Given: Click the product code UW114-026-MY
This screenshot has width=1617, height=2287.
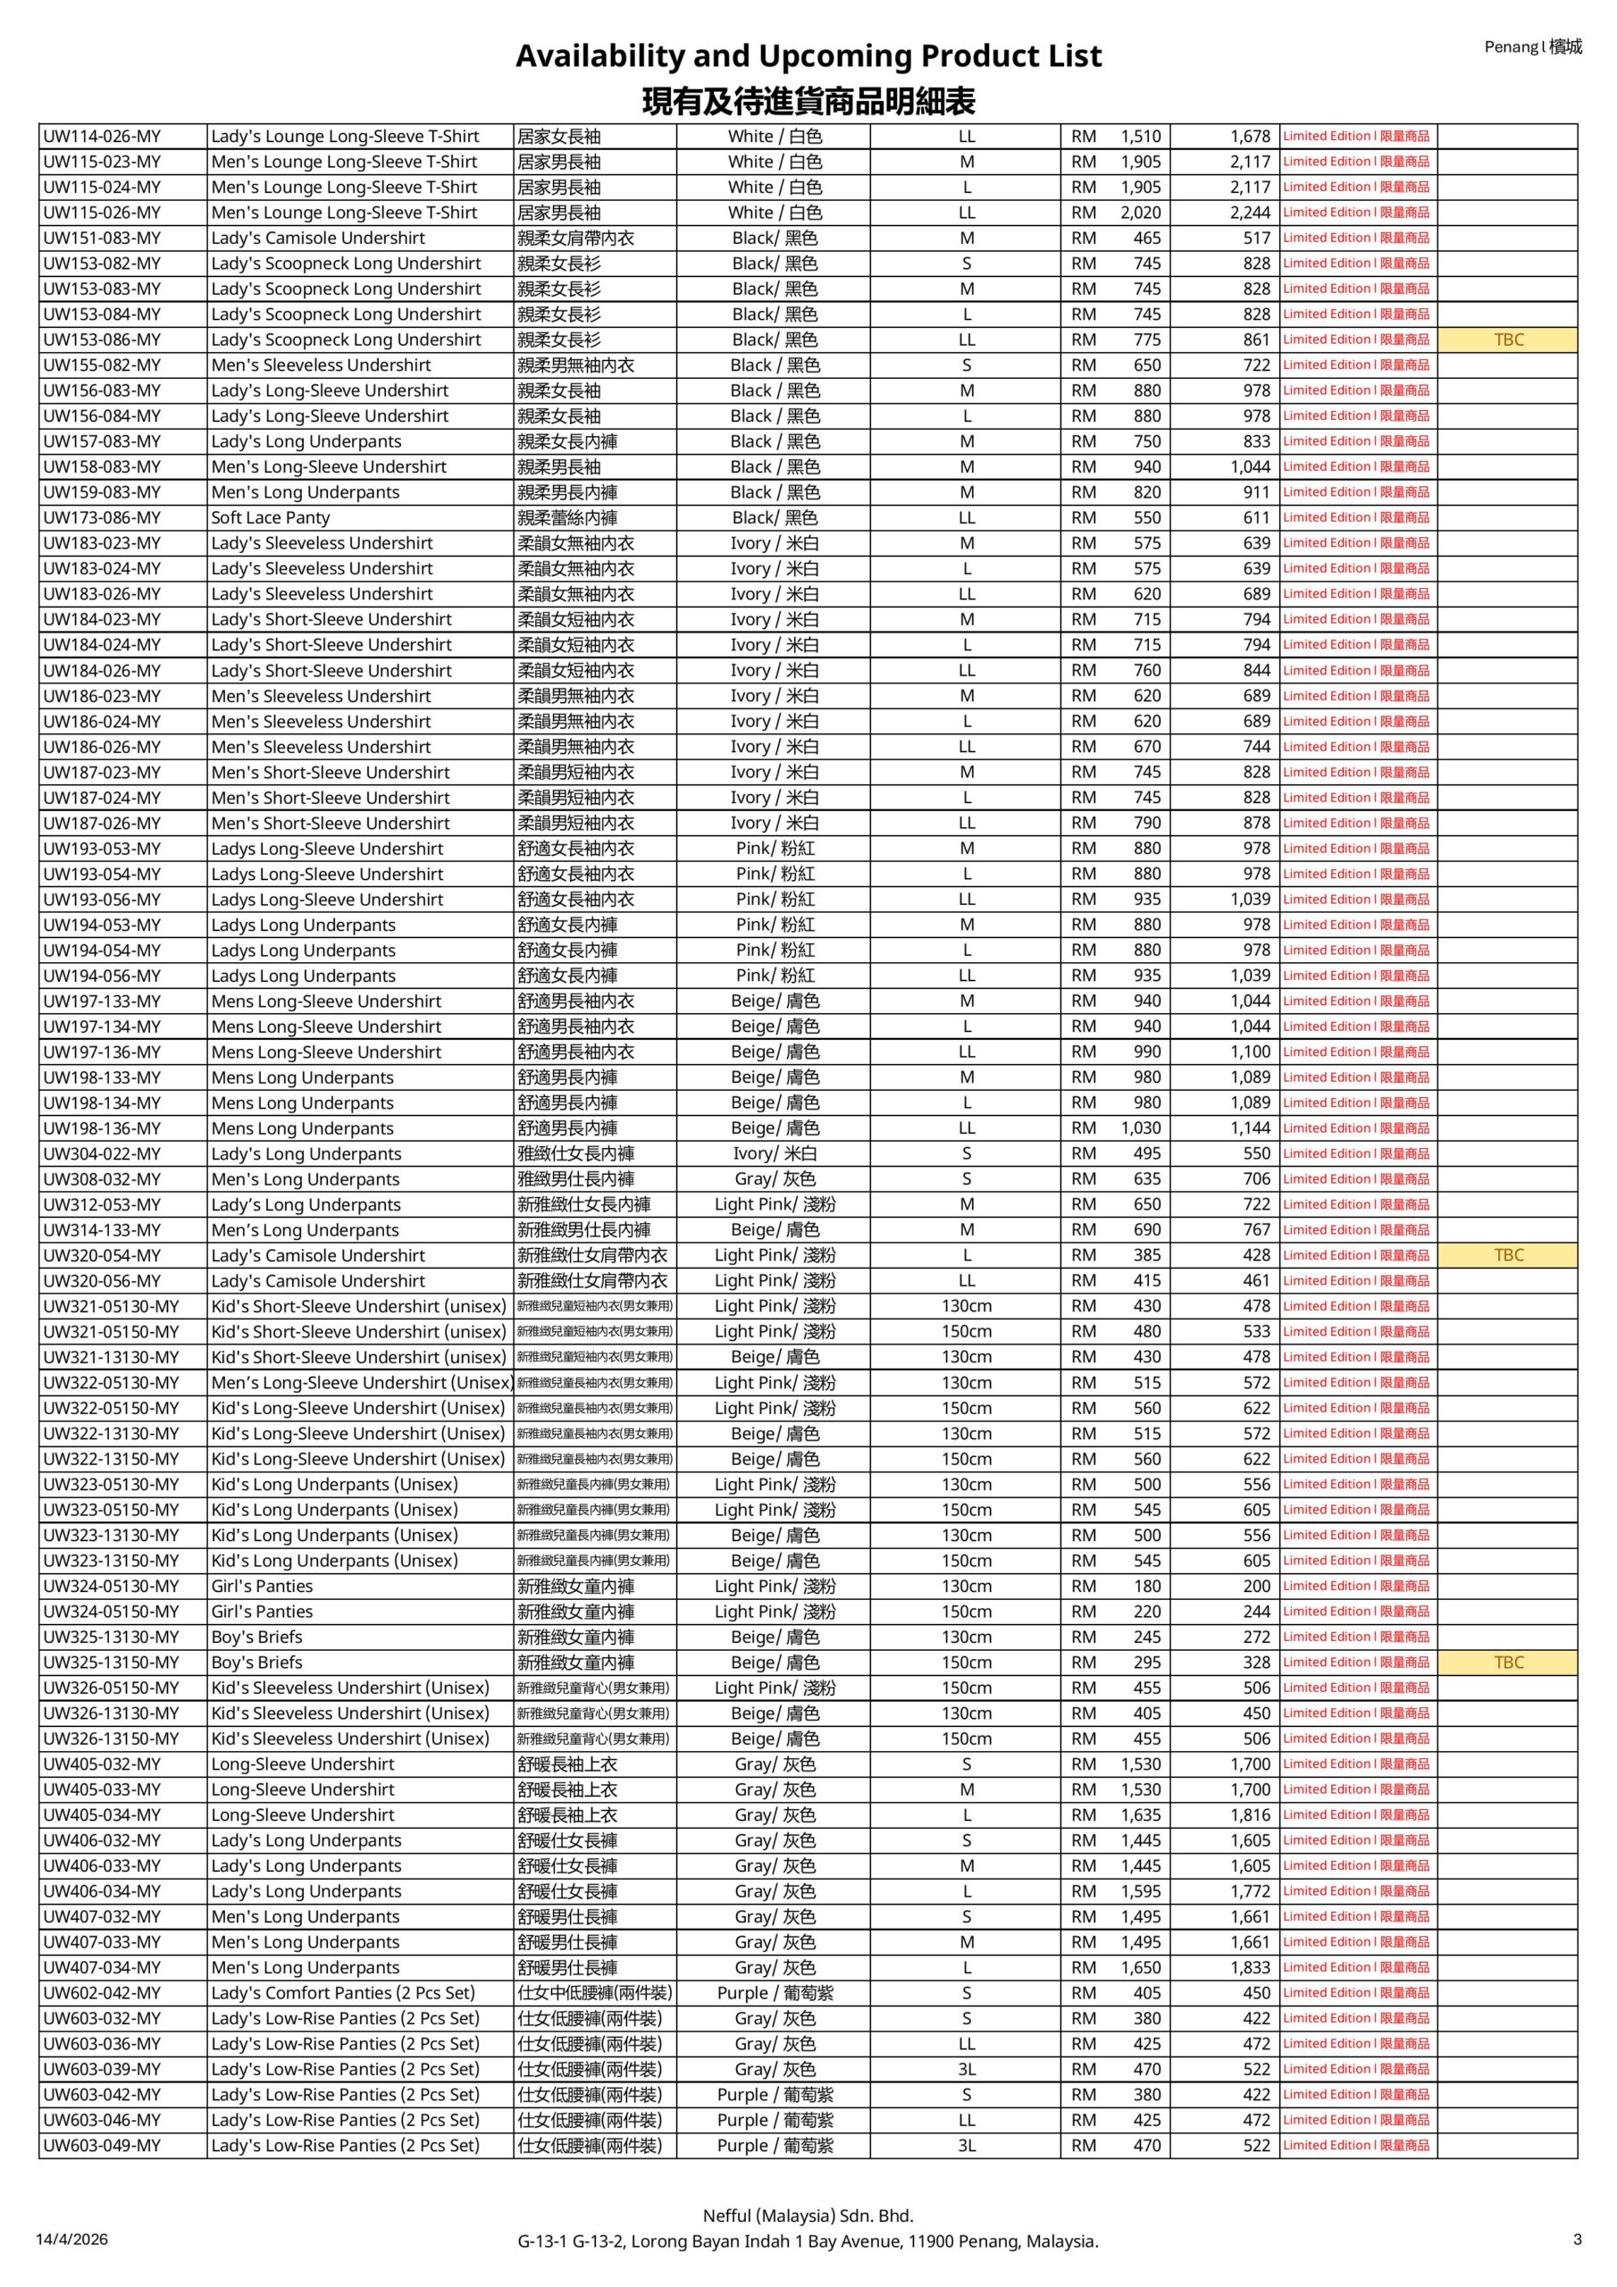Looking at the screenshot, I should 102,137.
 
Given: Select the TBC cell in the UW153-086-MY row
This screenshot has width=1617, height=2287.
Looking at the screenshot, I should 1507,339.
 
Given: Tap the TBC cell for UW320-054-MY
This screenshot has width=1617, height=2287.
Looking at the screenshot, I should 1507,1255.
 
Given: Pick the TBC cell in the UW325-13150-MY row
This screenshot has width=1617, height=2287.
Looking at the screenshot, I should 1507,1663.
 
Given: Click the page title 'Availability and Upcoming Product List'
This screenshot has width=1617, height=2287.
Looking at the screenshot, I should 808,55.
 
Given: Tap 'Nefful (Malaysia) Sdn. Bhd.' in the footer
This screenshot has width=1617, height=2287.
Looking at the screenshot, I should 808,2216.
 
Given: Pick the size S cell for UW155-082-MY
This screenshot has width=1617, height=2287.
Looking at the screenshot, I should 967,365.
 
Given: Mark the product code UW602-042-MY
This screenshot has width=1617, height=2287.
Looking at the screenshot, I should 102,1993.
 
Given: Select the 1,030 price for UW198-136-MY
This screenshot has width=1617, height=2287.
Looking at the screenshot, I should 1140,1128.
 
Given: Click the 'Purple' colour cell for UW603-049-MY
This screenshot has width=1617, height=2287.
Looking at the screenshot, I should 775,2146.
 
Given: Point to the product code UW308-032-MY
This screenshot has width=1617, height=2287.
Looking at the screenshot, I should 102,1179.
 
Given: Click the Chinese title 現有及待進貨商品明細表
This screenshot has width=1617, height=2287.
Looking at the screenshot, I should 808,101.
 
